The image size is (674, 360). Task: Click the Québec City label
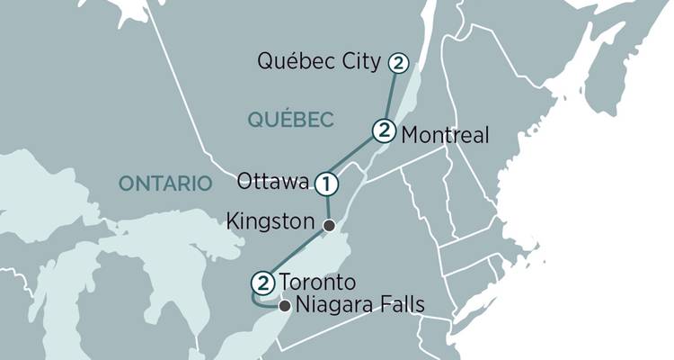point(319,63)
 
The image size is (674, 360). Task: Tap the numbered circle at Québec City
point(397,64)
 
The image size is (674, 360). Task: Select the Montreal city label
point(445,135)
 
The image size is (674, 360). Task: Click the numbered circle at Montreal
point(384,131)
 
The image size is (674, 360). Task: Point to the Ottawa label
point(274,183)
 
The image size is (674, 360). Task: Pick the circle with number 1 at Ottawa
point(326,184)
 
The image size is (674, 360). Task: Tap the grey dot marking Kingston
point(329,226)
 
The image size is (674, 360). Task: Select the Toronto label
point(311,281)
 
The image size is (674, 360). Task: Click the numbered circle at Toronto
point(262,283)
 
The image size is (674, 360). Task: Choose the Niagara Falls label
point(360,306)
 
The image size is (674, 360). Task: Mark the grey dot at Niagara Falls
point(285,307)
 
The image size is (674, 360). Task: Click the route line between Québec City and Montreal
point(391,97)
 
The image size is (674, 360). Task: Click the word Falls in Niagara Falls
point(402,306)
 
